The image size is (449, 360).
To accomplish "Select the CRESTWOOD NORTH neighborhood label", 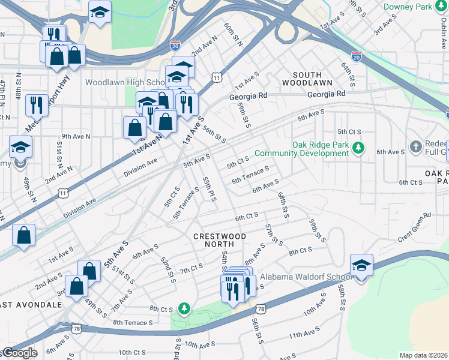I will point(220,241).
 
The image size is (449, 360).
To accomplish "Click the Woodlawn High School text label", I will point(125,82).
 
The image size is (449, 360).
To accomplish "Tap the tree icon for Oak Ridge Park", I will point(358,147).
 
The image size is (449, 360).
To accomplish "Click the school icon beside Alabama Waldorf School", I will point(362,265).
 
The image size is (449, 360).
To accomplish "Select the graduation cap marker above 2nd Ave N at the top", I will point(100,11).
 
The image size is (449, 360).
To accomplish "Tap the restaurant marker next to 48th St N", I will point(37,105).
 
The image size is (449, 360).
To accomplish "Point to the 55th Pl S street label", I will point(208,188).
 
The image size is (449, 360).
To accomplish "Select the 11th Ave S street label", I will point(303,336).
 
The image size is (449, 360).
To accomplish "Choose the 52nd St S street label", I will point(167,269).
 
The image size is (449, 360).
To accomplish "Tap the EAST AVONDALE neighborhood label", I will point(31,305).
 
